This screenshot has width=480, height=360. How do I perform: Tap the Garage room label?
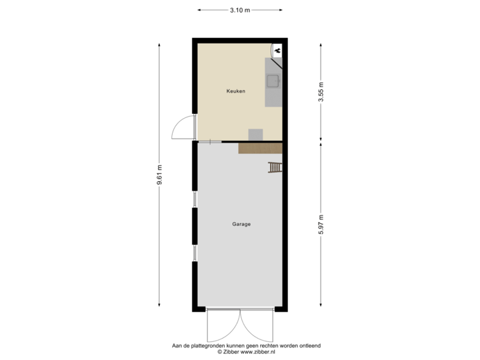pos(241,224)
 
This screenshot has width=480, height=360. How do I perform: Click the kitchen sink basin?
pos(273,81)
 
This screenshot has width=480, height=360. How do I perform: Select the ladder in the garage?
pos(275,167)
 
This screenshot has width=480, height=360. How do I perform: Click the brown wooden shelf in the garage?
pos(261,148)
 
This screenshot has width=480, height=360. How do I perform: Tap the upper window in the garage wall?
pos(194,199)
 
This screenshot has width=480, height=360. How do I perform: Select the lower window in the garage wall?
pos(194,253)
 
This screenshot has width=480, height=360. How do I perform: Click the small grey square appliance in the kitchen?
pos(256,134)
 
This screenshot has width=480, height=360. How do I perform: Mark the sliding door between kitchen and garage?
pos(210,141)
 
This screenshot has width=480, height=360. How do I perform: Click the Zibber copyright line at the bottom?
pos(246,351)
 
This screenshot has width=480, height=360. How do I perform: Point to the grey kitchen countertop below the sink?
pos(273,99)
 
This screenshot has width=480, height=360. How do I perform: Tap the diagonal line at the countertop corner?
pos(277,65)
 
